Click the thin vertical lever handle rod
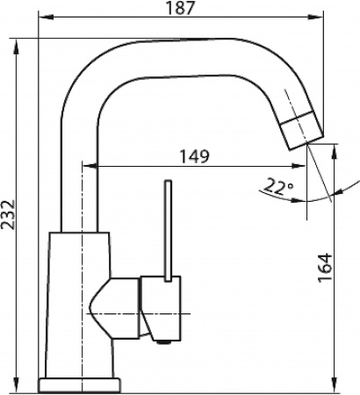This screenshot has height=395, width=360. coord(167,228)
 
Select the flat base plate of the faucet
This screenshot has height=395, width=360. coord(81,383)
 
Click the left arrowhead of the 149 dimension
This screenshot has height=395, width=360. coord(86,167)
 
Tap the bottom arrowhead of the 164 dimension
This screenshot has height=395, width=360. coord(336,385)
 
